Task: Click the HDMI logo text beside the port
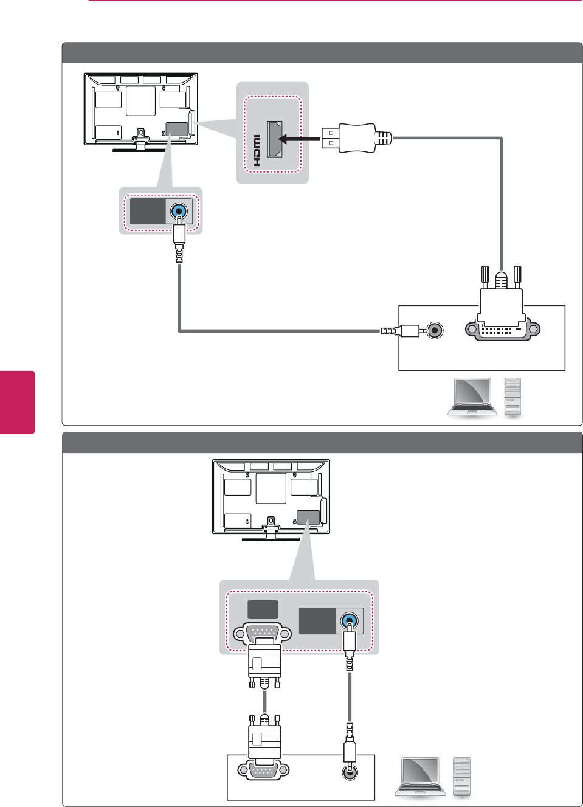257,151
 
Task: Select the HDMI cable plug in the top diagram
356,138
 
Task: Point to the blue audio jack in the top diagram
179,211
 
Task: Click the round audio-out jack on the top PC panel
435,330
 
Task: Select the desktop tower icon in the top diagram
512,397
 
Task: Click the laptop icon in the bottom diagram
419,777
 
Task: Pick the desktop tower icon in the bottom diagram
461,776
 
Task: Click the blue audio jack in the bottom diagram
349,622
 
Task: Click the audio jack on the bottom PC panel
350,772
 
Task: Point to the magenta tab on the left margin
17,402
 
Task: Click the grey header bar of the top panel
322,53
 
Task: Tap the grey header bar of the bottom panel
322,443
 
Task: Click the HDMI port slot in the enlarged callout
275,139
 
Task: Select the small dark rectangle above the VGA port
263,609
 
